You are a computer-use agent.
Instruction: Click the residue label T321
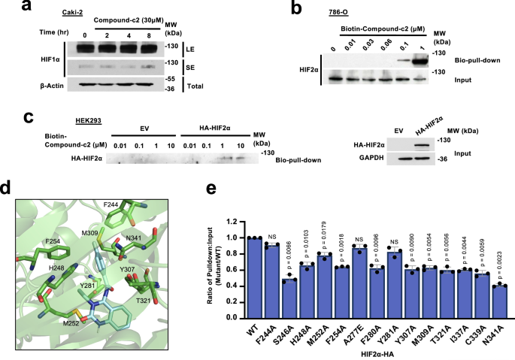(x=145, y=298)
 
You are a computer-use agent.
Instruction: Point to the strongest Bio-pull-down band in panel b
(x=454, y=56)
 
